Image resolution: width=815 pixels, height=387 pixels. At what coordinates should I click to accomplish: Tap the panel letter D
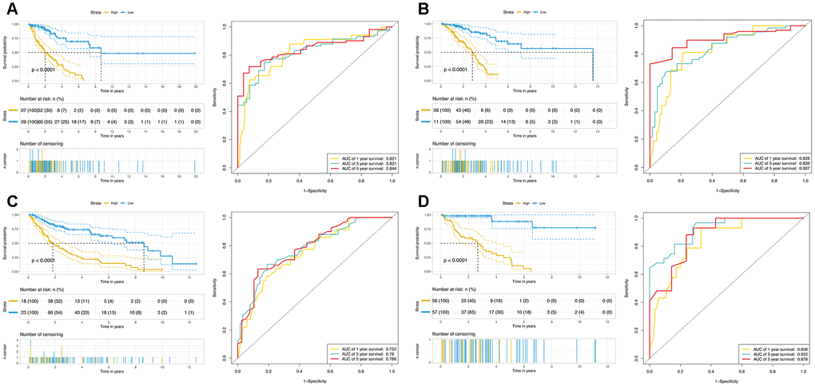coord(421,203)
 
